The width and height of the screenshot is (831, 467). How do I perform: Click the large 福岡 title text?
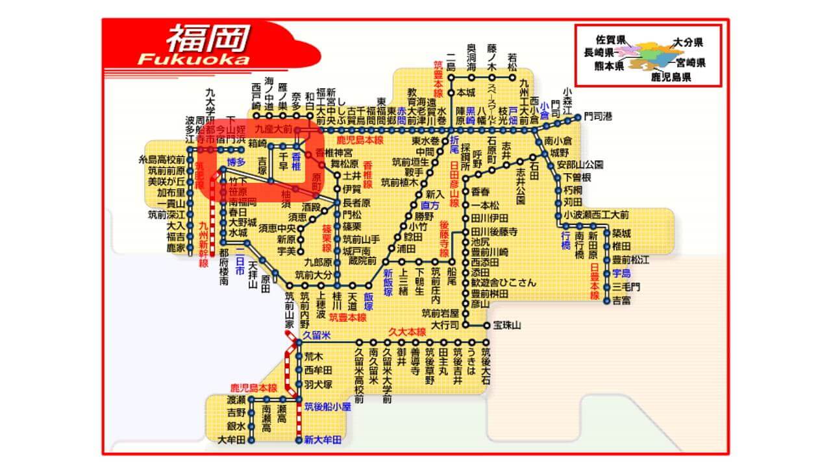(207, 39)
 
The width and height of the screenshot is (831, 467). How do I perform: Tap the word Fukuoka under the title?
(193, 59)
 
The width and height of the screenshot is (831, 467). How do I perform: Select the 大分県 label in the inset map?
(688, 42)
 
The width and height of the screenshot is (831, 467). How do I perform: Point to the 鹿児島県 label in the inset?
(671, 77)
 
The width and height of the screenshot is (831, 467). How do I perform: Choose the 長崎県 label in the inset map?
(599, 52)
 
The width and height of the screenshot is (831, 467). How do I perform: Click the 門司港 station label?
(597, 117)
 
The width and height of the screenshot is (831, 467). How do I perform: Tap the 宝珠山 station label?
(507, 324)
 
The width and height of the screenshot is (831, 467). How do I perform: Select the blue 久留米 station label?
(316, 335)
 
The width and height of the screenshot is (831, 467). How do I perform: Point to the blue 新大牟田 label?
(323, 440)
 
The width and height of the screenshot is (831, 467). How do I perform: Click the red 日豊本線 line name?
(594, 281)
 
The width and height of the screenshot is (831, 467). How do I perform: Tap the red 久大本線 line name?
(406, 332)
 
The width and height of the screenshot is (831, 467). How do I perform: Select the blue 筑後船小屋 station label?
(328, 407)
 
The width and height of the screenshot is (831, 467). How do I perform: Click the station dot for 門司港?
(577, 117)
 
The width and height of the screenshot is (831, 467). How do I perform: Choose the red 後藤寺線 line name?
(444, 241)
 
